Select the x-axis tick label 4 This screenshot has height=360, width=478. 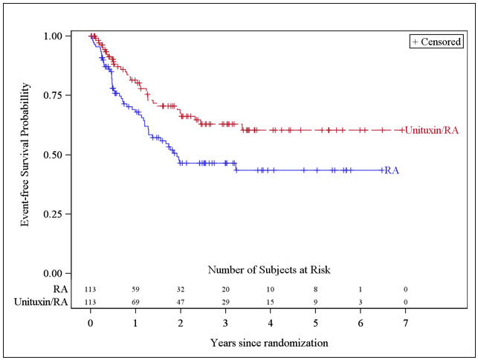(271, 324)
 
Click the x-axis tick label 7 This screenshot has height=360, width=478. (406, 324)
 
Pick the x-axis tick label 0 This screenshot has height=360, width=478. (91, 324)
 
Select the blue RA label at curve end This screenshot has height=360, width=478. (392, 170)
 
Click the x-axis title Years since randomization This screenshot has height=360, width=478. (268, 344)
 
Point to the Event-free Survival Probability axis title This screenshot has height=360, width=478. (27, 154)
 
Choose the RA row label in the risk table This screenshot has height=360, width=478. (60, 288)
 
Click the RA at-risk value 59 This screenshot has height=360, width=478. (135, 289)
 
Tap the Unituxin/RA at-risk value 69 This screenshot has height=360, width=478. (135, 301)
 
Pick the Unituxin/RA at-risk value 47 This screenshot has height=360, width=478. (181, 301)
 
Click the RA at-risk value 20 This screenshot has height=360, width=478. (226, 289)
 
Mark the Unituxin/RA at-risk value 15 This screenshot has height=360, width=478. (271, 301)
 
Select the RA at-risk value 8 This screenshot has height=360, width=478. (316, 289)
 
